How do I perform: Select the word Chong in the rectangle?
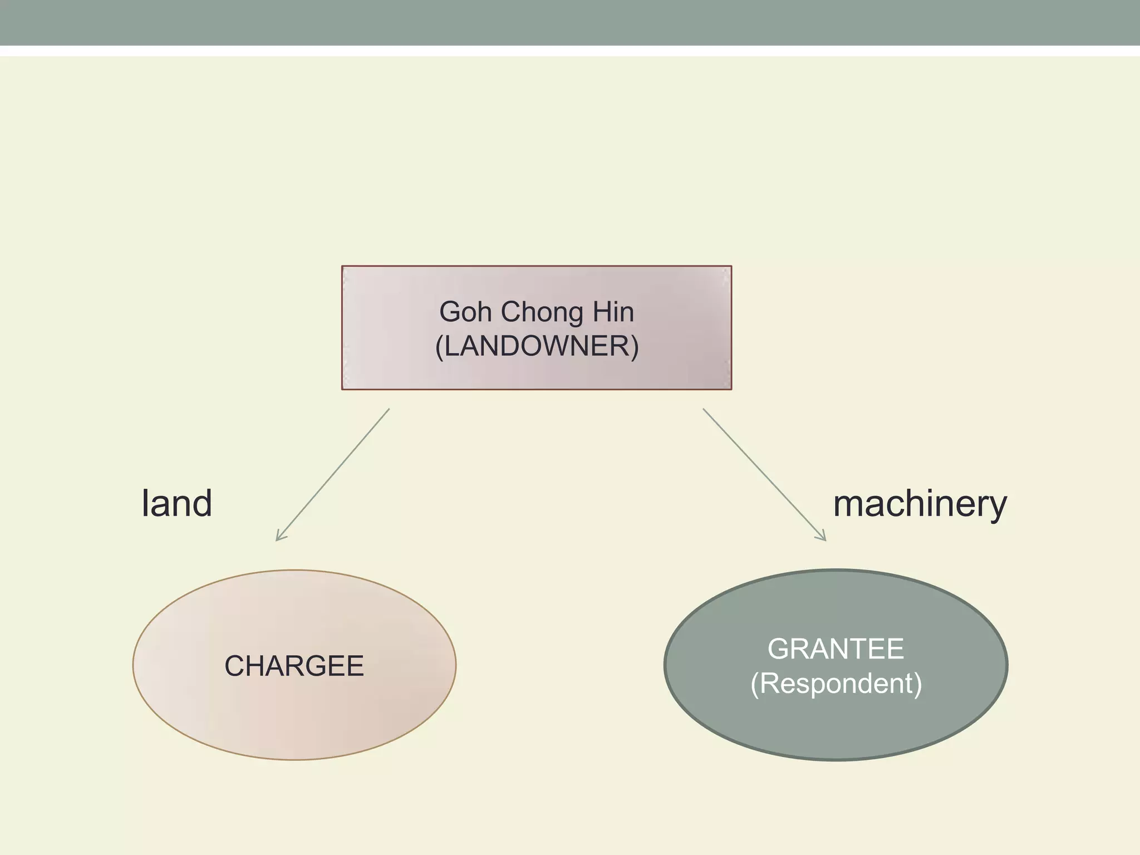click(542, 312)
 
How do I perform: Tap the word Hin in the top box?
click(613, 312)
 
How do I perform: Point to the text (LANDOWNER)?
click(537, 346)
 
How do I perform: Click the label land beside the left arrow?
click(177, 503)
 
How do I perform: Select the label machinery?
click(920, 504)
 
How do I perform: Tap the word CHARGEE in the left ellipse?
click(294, 666)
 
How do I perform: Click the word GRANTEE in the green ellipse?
click(836, 648)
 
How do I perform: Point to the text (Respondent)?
click(836, 684)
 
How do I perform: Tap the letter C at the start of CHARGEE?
click(234, 666)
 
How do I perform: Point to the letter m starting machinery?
click(849, 504)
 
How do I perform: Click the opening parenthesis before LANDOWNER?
click(439, 347)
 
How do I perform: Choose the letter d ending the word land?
click(203, 503)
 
